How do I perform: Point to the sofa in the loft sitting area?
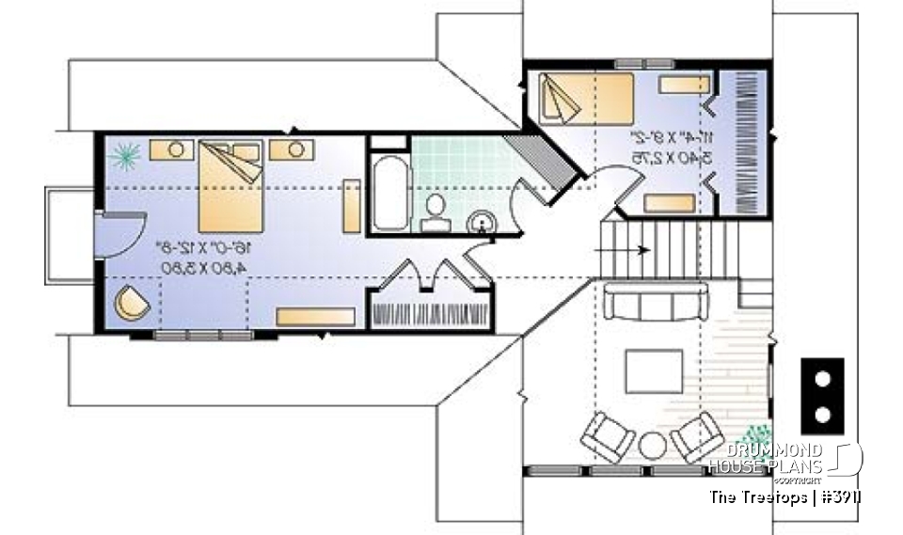[x=656, y=303]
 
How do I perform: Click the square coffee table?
[x=654, y=371]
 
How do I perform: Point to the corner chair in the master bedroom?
[x=132, y=304]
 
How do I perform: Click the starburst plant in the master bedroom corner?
[x=124, y=153]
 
